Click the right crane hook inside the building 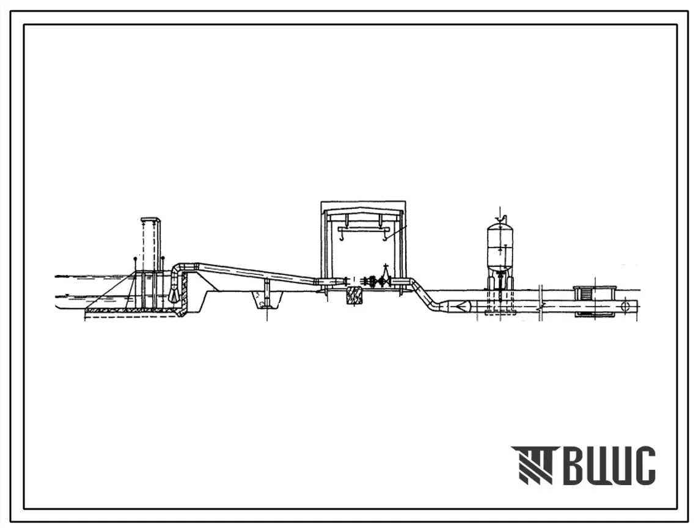pos(384,239)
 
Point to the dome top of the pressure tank pos(500,225)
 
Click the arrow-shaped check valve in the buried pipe pos(461,306)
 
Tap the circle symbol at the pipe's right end pos(626,306)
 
